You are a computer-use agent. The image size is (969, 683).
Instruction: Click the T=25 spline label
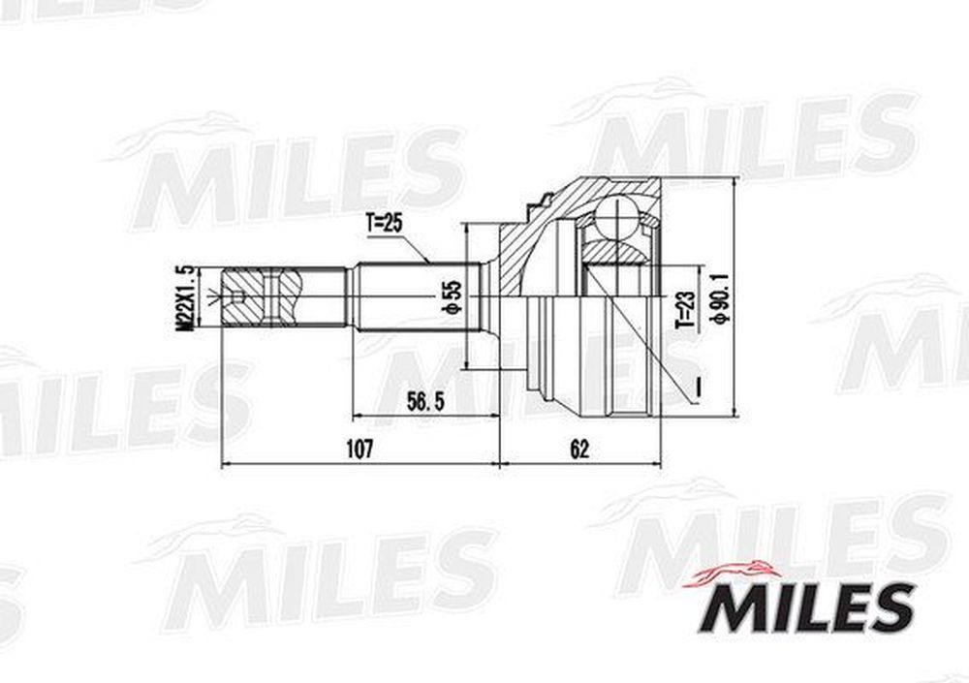[x=383, y=223]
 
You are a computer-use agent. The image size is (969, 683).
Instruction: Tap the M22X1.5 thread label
[x=185, y=298]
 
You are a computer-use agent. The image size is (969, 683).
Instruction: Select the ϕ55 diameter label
[x=453, y=298]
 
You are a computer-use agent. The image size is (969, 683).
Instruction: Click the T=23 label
[x=685, y=310]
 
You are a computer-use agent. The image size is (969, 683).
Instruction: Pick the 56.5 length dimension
[x=425, y=402]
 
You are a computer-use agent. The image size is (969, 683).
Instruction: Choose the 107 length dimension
[x=359, y=449]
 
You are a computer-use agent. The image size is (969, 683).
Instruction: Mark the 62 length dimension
[x=579, y=450]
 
